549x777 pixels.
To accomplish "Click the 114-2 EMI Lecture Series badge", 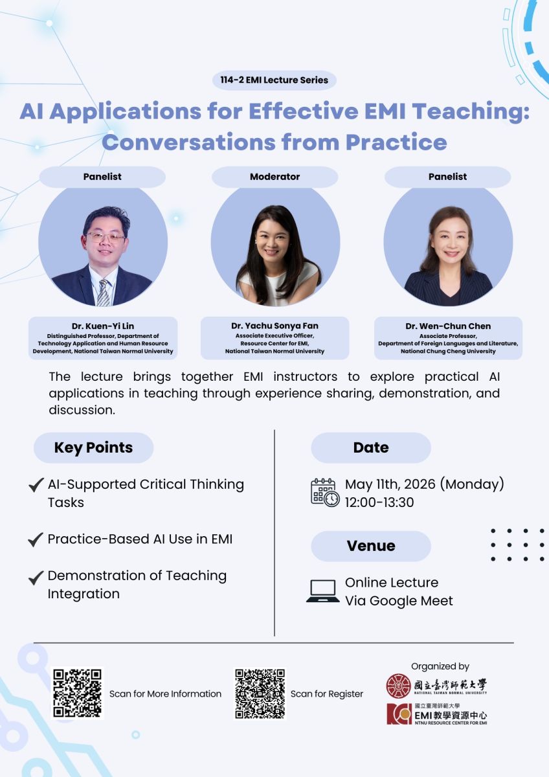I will click(x=274, y=80).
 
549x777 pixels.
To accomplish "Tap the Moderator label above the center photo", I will click(x=274, y=177).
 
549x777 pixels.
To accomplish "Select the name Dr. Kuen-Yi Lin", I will click(x=103, y=326).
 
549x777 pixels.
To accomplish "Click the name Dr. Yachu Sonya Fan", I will click(x=274, y=326).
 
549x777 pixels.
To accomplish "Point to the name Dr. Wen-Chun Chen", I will click(x=448, y=326).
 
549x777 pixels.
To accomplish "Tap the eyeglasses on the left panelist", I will click(x=105, y=237).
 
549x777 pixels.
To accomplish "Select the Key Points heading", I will click(x=93, y=447).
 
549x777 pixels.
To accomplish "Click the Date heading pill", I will click(x=371, y=447).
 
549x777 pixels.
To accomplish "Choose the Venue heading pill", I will click(x=371, y=546).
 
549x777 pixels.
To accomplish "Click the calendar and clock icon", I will click(x=325, y=493).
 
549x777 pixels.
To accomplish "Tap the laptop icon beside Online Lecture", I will click(x=322, y=591).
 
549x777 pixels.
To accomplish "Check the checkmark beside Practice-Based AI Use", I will click(x=36, y=539).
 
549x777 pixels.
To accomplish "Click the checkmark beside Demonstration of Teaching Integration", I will click(x=36, y=577).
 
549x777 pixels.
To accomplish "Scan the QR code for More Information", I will click(x=77, y=693).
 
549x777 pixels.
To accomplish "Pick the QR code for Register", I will click(x=260, y=693).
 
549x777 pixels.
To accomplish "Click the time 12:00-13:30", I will click(x=379, y=502).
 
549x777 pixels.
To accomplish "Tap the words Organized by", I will click(x=440, y=666).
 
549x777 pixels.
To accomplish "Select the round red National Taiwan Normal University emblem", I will click(x=398, y=686).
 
